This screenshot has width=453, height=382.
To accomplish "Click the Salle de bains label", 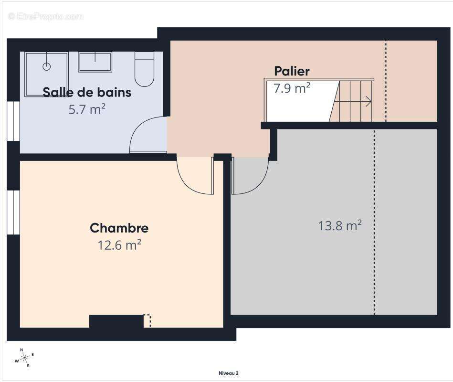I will [87, 92].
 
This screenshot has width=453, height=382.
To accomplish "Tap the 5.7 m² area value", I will [87, 109].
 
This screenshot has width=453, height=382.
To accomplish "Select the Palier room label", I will [292, 71].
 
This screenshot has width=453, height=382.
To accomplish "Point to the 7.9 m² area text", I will [292, 88].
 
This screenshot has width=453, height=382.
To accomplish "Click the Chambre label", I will [119, 228].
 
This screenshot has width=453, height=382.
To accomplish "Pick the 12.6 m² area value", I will [119, 245].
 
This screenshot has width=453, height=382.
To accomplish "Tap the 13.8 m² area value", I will [340, 225].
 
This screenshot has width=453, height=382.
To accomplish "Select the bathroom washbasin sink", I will [95, 62].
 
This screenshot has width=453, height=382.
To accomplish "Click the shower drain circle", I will [46, 66].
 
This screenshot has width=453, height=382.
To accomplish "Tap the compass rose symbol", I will [24, 357].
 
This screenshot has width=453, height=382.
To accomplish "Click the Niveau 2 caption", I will [228, 373].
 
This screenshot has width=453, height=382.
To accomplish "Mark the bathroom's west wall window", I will [13, 121].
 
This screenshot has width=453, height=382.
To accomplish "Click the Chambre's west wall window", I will [13, 212].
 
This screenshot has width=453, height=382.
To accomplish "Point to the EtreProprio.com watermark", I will [45, 17].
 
